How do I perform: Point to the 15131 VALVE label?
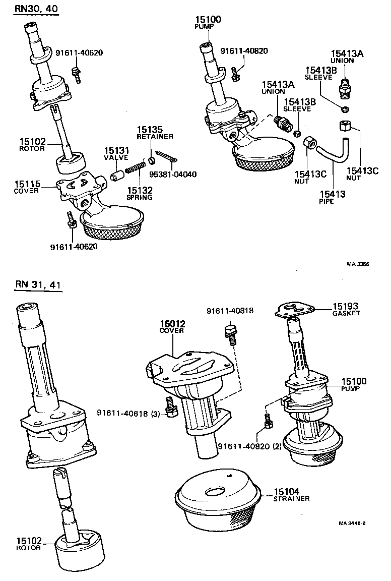pyautogui.click(x=117, y=153)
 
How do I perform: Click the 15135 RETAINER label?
pyautogui.click(x=155, y=133)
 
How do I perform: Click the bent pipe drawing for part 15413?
pyautogui.click(x=335, y=151)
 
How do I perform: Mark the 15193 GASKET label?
pyautogui.click(x=346, y=309)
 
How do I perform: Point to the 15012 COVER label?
pyautogui.click(x=173, y=327)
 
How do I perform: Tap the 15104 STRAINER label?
pyautogui.click(x=292, y=495)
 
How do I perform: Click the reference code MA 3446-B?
pyautogui.click(x=352, y=523)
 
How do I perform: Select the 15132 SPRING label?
pyautogui.click(x=140, y=193)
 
